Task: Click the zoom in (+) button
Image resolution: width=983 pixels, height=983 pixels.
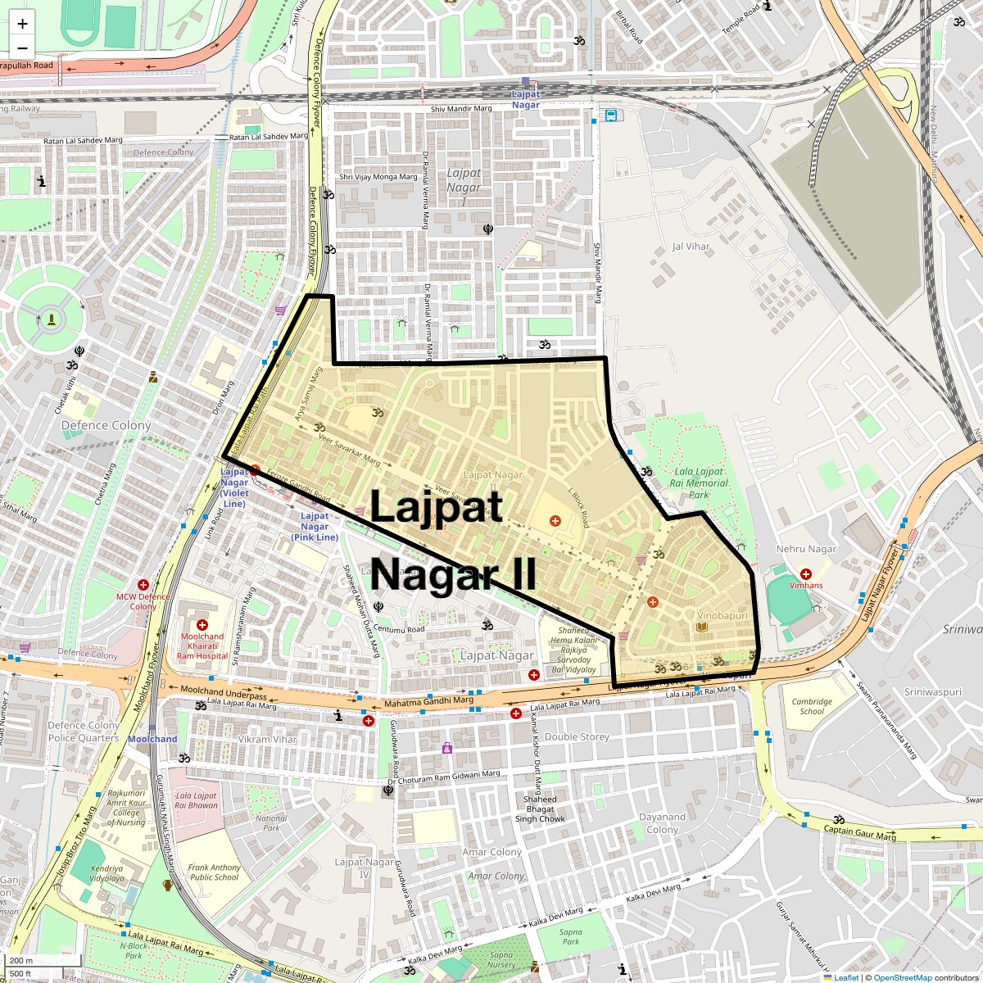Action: [x=22, y=24]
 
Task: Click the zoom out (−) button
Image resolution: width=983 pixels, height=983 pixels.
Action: [x=22, y=48]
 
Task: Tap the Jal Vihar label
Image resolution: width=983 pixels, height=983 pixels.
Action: [x=691, y=246]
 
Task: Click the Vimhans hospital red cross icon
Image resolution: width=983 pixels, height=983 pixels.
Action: [x=806, y=574]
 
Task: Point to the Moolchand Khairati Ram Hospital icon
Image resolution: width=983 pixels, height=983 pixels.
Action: [x=202, y=625]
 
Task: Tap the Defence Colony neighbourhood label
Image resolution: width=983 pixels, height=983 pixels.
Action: [x=106, y=425]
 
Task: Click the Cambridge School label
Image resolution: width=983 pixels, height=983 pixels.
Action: [x=812, y=706]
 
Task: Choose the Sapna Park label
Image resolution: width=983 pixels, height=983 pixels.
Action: [x=571, y=936]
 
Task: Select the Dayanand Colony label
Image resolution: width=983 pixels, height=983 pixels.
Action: [x=662, y=823]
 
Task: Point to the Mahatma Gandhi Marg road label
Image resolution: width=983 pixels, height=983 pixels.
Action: [x=428, y=702]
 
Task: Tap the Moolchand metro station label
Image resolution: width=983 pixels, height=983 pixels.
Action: [x=152, y=739]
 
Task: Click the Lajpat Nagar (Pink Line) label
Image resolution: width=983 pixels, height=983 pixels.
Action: [x=315, y=527]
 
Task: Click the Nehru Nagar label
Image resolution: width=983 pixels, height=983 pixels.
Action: [x=806, y=549]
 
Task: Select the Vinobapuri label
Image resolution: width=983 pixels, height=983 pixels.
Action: [x=723, y=614]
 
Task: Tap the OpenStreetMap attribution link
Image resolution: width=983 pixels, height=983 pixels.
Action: [x=902, y=977]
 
